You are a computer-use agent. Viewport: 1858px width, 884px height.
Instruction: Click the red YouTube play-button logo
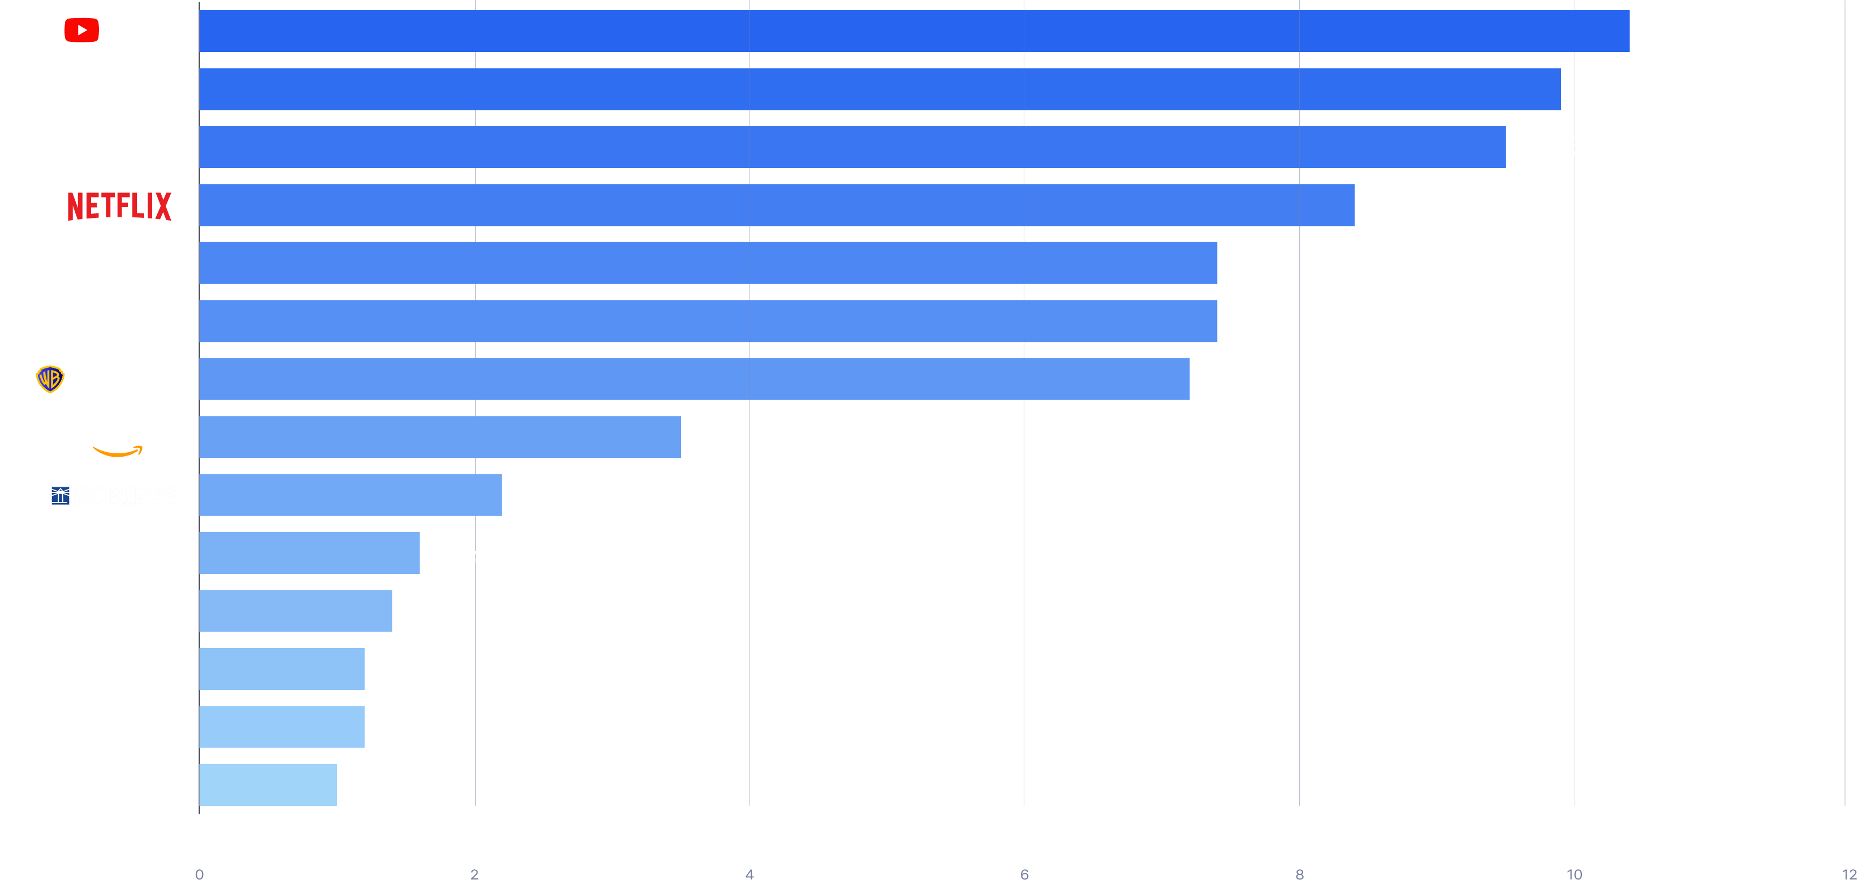(x=81, y=31)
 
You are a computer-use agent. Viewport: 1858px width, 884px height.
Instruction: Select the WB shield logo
(x=50, y=379)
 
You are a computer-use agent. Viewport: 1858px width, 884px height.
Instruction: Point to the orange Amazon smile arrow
(x=118, y=452)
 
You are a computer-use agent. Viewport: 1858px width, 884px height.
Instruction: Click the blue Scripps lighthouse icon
(x=61, y=496)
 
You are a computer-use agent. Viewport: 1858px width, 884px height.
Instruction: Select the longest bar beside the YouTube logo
(x=914, y=31)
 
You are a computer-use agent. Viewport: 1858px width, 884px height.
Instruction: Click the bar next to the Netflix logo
(x=777, y=205)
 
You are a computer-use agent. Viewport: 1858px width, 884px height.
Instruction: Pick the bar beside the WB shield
(x=694, y=379)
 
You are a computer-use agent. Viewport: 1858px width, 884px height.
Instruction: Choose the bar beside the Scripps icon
(x=351, y=495)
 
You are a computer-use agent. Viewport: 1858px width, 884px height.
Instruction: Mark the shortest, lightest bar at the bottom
(x=268, y=784)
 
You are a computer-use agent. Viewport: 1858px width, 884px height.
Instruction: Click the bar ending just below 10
(x=880, y=89)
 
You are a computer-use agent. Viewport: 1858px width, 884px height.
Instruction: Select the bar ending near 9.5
(x=852, y=147)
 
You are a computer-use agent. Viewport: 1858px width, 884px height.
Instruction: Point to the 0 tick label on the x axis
(x=200, y=874)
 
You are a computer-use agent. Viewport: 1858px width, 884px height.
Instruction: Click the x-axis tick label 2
(x=475, y=874)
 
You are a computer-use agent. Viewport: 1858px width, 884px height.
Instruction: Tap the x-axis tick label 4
(x=749, y=874)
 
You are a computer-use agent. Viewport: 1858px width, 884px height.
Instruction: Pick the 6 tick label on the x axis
(x=1024, y=874)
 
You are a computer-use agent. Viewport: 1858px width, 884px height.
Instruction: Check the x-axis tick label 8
(x=1300, y=874)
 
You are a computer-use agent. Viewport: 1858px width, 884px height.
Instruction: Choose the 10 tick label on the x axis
(x=1575, y=874)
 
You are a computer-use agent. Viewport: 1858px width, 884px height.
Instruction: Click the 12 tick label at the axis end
(x=1848, y=874)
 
